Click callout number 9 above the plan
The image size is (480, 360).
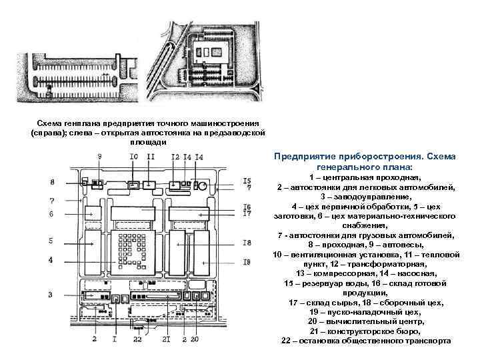click(x=99, y=157)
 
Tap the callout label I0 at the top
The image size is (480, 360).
click(x=134, y=157)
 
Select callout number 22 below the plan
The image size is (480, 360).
click(x=137, y=340)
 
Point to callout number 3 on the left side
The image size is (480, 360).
click(x=51, y=295)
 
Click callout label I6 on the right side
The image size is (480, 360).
click(x=247, y=207)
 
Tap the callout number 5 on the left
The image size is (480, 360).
click(x=51, y=240)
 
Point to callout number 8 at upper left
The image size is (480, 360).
click(x=51, y=182)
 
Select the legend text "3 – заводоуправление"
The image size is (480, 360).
click(x=363, y=197)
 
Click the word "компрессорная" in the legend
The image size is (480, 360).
click(x=340, y=273)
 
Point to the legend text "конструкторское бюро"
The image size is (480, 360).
click(x=378, y=331)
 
